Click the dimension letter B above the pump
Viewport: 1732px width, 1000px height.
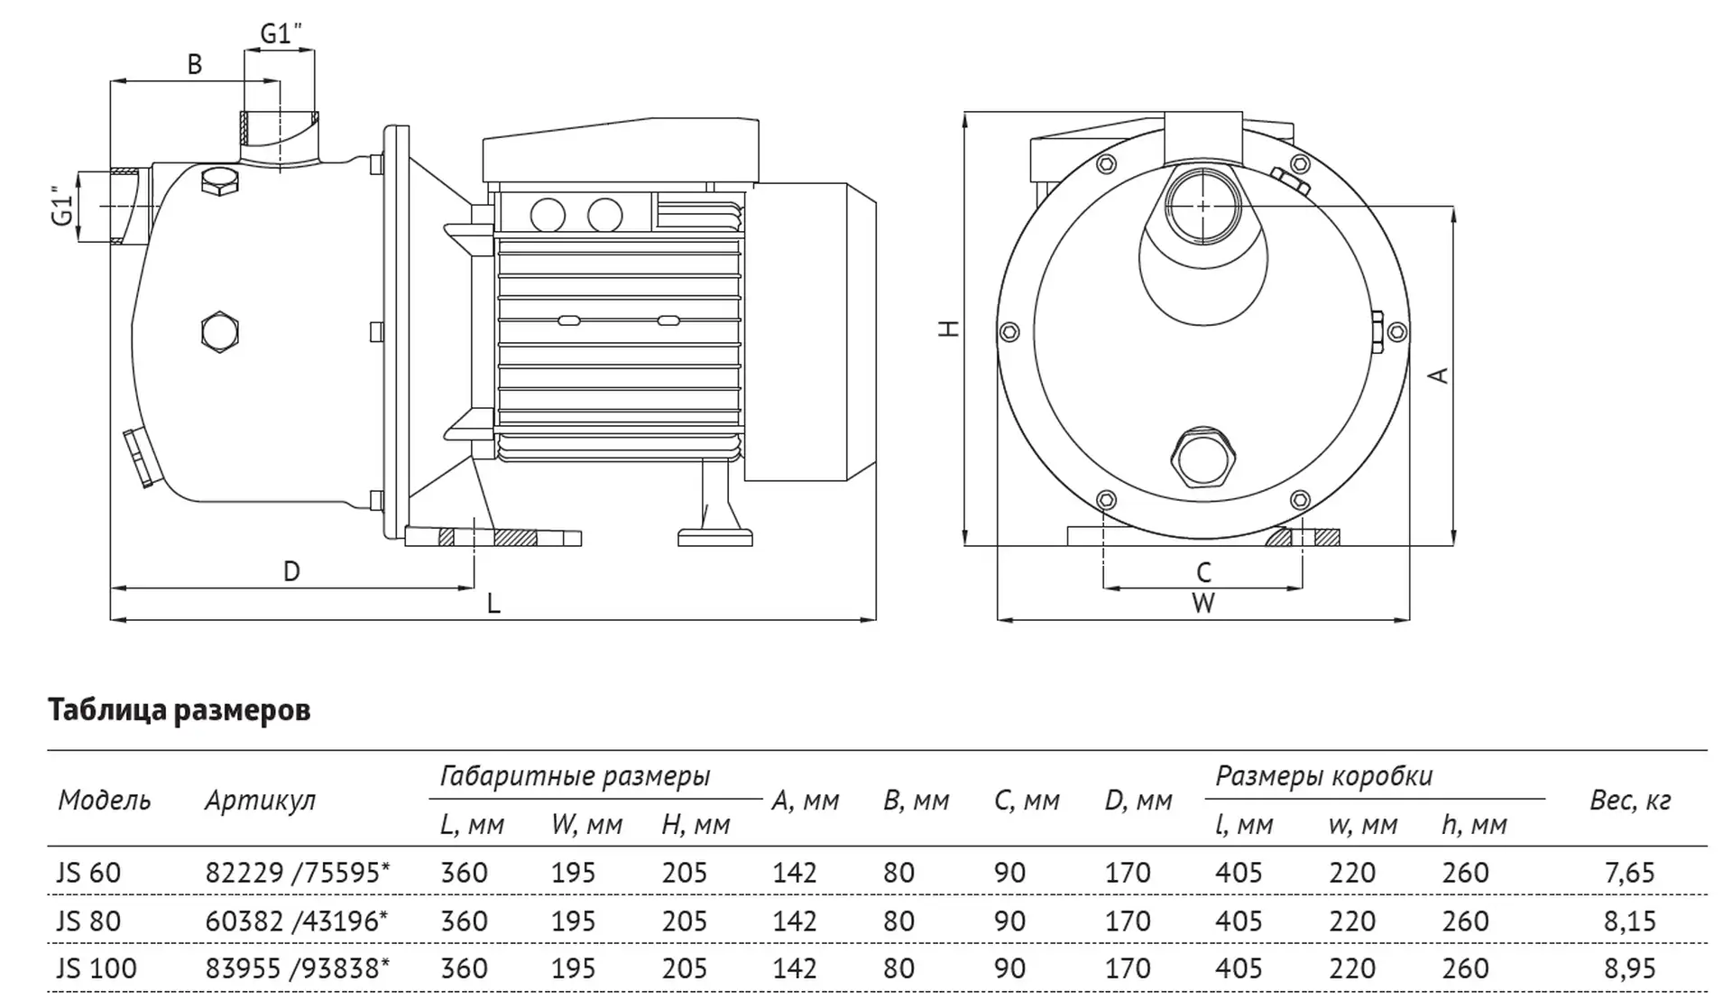194,64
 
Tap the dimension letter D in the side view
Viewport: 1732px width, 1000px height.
290,571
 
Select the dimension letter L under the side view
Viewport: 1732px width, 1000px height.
493,604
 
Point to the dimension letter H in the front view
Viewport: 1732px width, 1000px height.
949,328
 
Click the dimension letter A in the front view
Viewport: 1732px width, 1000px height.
1440,375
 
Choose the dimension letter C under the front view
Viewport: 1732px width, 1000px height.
1203,572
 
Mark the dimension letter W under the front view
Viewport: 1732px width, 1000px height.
1203,604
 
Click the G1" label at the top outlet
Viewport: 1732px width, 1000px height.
281,34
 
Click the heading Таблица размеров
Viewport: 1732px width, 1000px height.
179,710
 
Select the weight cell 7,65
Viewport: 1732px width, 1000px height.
1629,873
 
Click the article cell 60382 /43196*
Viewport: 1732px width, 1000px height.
296,921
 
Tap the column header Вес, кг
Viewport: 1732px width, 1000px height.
1629,801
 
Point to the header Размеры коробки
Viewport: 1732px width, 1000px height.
1323,776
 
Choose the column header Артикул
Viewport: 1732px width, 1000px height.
260,801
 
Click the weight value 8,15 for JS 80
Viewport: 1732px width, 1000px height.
1629,921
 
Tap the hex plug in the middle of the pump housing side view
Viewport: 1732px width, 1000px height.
219,332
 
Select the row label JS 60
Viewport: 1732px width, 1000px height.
88,873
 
